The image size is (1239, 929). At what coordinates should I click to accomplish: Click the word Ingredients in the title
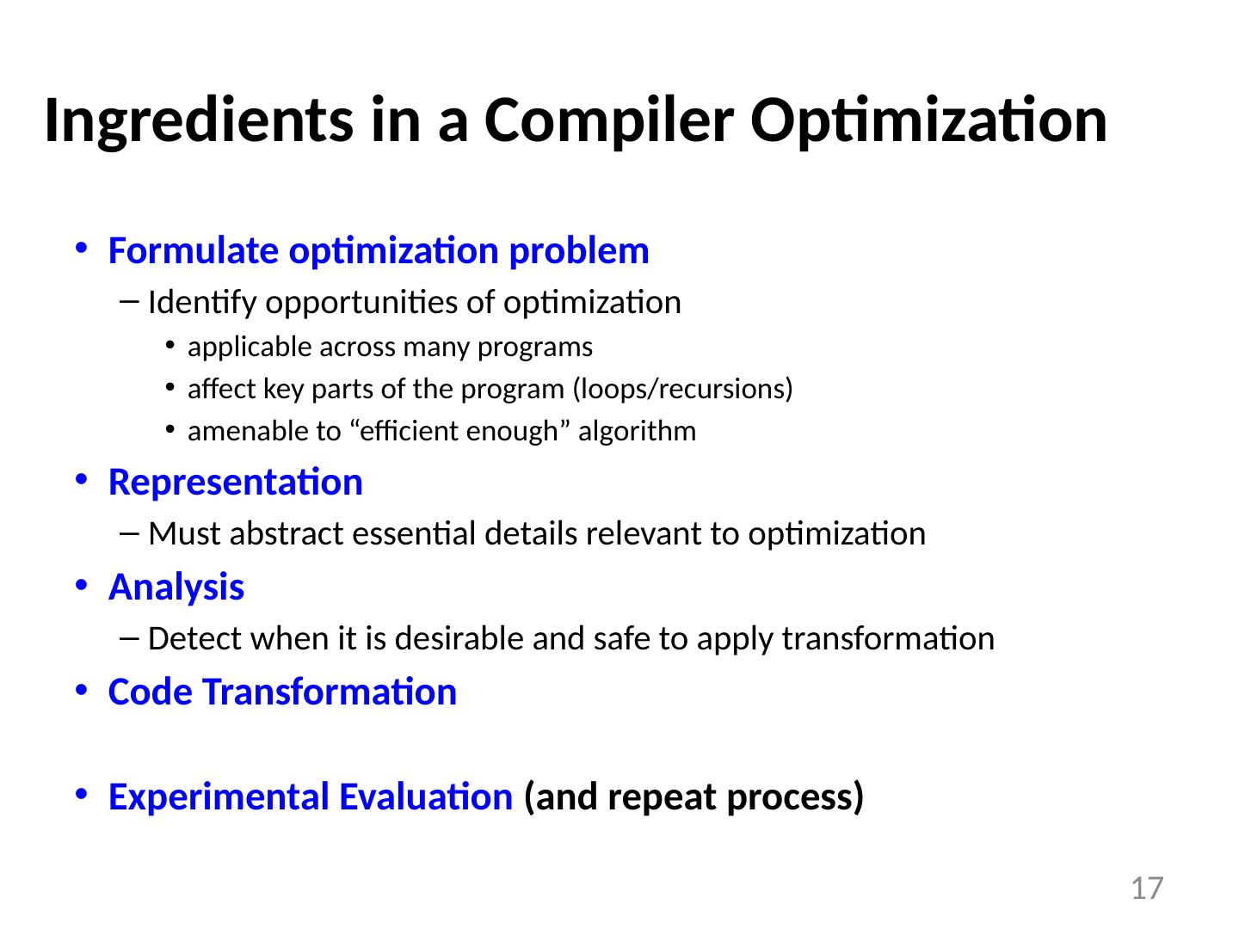tap(199, 121)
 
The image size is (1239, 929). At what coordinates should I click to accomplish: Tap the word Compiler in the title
tap(609, 121)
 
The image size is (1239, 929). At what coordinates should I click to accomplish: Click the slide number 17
tap(1147, 889)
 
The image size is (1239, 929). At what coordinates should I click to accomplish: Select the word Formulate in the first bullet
tap(193, 250)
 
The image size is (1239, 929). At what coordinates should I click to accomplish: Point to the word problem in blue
tap(579, 251)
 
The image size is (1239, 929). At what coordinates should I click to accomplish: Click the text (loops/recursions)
tap(682, 389)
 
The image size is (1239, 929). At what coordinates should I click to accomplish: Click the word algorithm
tap(638, 432)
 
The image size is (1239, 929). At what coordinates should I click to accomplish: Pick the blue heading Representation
tap(236, 483)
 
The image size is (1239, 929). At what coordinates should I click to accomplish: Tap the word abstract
tap(287, 533)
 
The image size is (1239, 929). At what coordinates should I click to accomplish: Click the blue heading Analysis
tap(176, 588)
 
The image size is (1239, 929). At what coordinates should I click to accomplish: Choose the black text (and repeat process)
tap(693, 798)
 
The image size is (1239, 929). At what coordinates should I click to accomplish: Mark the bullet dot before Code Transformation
tap(81, 690)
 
